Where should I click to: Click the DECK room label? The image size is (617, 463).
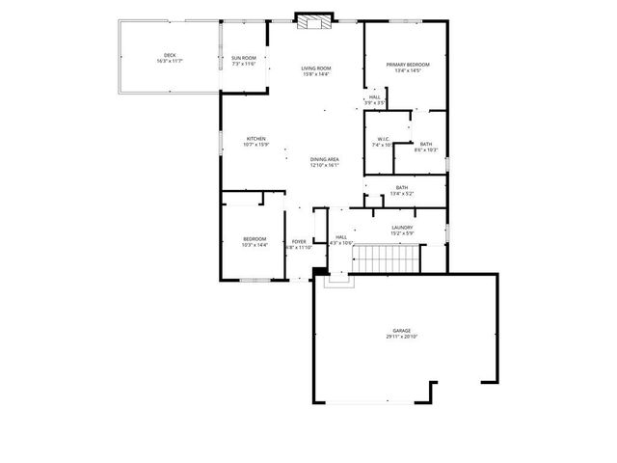click(170, 55)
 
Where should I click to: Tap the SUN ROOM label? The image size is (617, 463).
click(243, 58)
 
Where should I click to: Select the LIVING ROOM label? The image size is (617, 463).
click(316, 68)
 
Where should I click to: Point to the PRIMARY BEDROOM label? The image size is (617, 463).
click(408, 65)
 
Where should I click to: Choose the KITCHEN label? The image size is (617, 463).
click(255, 139)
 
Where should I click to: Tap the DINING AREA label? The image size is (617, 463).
click(325, 159)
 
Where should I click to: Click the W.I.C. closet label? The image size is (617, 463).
click(383, 139)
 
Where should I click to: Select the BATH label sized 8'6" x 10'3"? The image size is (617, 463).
click(425, 144)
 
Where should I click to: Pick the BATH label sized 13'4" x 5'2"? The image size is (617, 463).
click(402, 187)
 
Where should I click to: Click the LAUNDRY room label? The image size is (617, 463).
click(402, 228)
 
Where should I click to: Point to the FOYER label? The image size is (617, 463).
click(299, 241)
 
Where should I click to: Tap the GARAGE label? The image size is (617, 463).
click(401, 330)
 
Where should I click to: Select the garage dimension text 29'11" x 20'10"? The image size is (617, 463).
click(401, 337)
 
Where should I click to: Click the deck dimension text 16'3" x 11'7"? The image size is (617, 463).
click(170, 61)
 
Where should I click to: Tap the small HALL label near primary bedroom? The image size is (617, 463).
click(375, 96)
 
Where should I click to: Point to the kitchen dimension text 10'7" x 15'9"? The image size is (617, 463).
click(255, 145)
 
